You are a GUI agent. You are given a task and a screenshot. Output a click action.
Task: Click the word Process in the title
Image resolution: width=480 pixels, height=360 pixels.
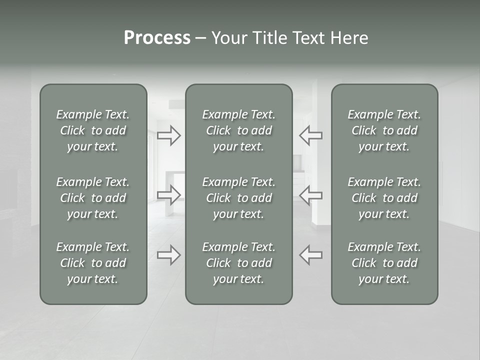(x=157, y=38)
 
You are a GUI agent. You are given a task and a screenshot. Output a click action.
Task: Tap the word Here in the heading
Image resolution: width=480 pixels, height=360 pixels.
(x=349, y=38)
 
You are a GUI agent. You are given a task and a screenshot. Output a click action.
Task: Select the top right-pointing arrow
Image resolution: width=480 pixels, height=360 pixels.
(x=168, y=135)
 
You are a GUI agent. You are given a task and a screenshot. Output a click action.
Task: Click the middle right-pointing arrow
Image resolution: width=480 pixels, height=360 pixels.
(x=168, y=195)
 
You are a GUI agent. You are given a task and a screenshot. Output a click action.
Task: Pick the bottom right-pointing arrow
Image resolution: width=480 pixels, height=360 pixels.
(x=168, y=255)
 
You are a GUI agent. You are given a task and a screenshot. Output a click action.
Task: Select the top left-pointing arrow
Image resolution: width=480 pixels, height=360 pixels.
(x=310, y=135)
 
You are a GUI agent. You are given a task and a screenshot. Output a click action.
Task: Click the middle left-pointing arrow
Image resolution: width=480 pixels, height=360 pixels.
(x=310, y=195)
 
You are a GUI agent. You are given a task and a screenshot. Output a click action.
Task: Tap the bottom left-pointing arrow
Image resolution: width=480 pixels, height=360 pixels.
(x=310, y=255)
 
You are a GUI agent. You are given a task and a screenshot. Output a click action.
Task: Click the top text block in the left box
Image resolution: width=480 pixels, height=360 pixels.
(x=93, y=130)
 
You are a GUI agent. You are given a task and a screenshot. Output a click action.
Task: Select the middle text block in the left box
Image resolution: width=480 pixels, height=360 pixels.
(x=93, y=198)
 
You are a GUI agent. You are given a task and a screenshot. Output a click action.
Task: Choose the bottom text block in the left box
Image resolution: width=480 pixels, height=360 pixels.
(x=93, y=263)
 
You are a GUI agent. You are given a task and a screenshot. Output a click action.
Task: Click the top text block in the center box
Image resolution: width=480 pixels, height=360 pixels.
(x=239, y=130)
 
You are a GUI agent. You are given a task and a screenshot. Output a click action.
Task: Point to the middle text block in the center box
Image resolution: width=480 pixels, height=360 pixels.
(x=239, y=198)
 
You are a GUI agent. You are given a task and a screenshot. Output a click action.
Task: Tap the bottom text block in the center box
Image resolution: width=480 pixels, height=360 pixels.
(x=239, y=263)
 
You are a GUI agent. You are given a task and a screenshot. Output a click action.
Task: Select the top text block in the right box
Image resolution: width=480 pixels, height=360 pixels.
(x=384, y=130)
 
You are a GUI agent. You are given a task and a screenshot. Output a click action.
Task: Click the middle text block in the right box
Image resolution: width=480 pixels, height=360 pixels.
(x=384, y=198)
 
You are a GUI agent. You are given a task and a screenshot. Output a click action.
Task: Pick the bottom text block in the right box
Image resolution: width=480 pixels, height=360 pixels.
(x=384, y=263)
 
